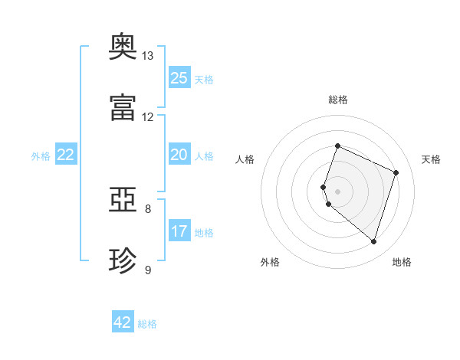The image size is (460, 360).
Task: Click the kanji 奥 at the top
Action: click(123, 46)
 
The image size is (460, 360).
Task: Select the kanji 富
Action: click(123, 107)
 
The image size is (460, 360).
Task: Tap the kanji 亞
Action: click(123, 200)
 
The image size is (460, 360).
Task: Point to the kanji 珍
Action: click(123, 260)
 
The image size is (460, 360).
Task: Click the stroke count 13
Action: click(147, 56)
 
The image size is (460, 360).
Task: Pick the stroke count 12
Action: click(147, 117)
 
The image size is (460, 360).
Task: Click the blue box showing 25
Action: click(179, 77)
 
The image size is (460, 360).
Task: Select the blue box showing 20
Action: click(179, 154)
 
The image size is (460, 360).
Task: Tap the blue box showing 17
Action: click(179, 230)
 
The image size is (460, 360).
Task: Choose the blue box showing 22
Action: click(66, 154)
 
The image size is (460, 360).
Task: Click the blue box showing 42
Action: click(123, 321)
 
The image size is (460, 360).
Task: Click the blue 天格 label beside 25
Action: click(204, 80)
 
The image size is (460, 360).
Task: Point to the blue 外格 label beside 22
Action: click(41, 156)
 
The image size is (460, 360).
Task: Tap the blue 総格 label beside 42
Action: click(147, 324)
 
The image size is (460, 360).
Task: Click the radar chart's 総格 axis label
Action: click(338, 100)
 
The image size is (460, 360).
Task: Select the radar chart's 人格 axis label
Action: click(245, 159)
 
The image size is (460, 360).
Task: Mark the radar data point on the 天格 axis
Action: click(396, 172)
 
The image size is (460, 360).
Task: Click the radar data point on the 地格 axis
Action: click(373, 241)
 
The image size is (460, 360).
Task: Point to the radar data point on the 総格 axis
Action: click(337, 146)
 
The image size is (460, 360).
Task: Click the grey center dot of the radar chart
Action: click(337, 191)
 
